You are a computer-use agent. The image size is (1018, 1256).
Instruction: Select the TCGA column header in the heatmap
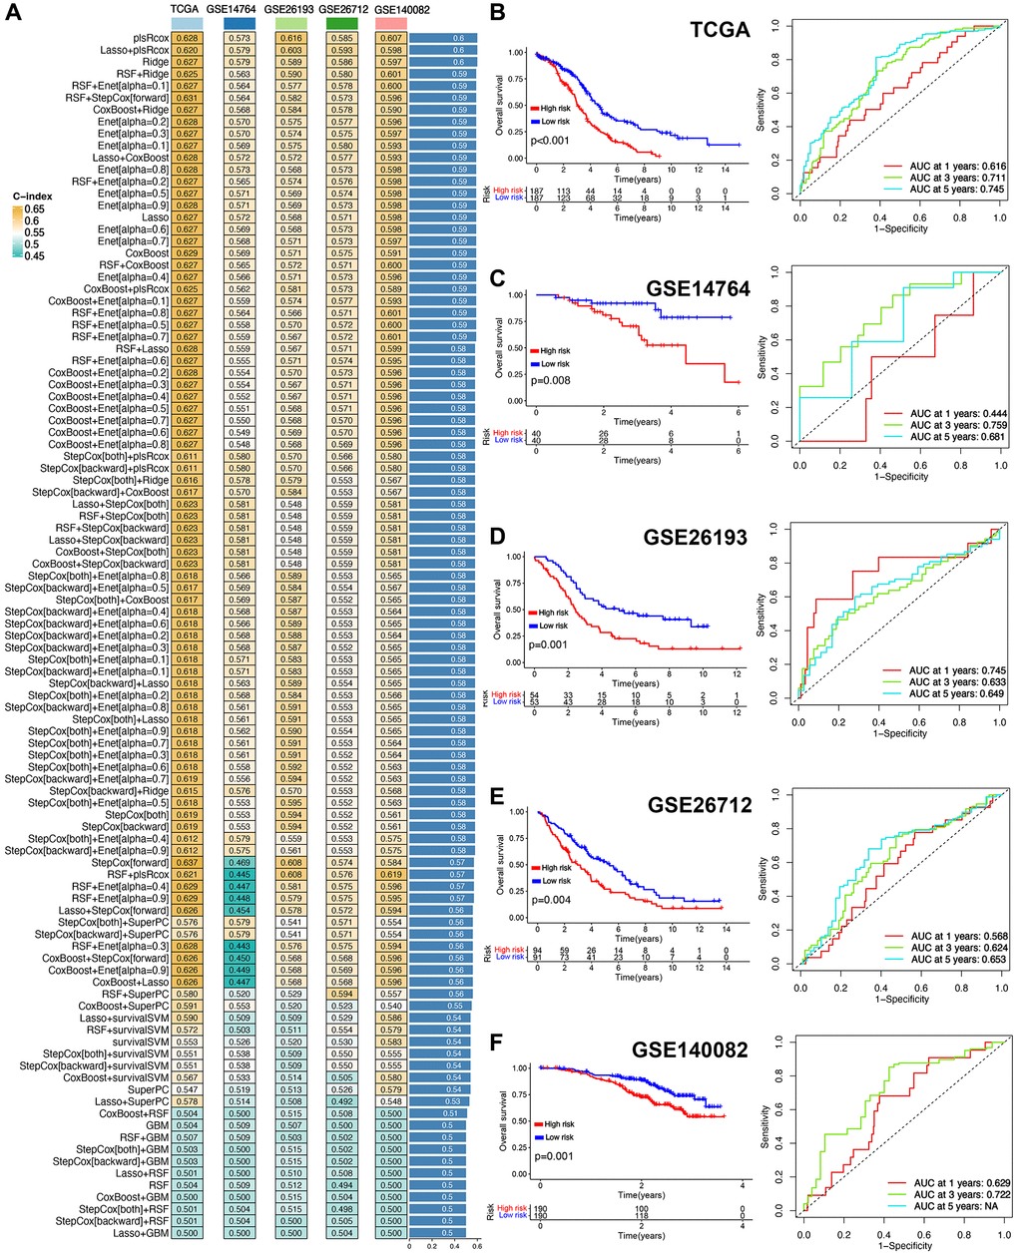184,8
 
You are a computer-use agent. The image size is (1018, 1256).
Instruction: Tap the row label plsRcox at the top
151,38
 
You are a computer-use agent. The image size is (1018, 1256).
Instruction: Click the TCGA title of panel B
720,29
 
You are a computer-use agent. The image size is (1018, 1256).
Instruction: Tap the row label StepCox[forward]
130,863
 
